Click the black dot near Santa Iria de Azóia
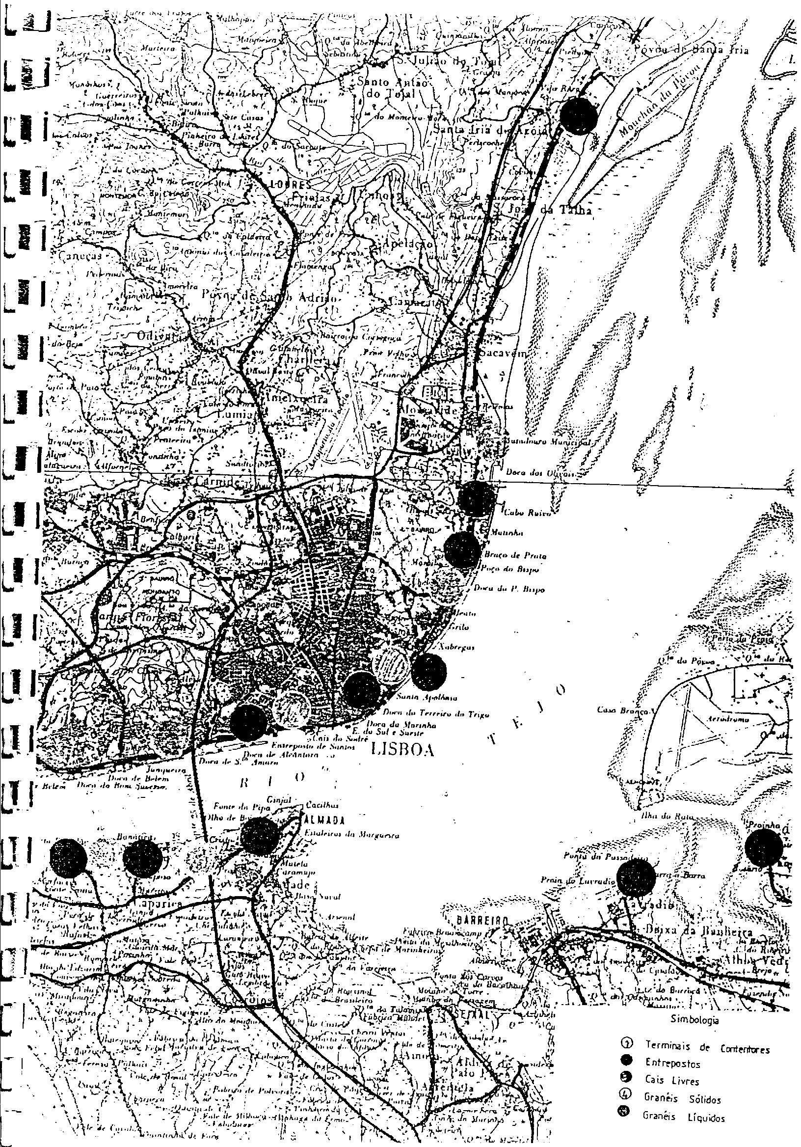[578, 115]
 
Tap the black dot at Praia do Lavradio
[636, 877]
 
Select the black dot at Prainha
[764, 847]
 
